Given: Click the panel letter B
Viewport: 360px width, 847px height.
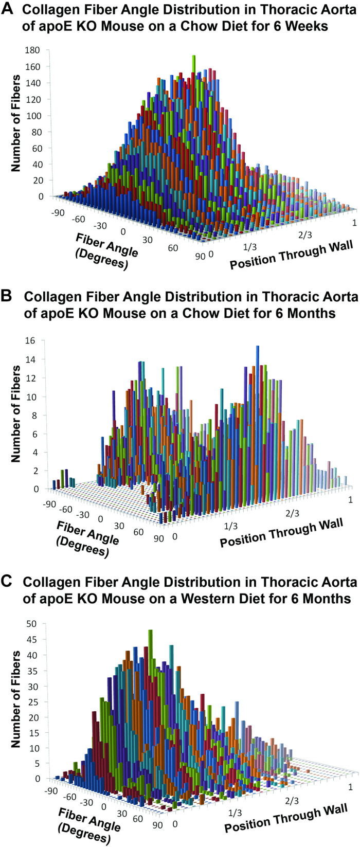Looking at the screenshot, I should [8, 297].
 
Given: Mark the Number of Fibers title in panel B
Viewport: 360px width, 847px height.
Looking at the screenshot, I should [16, 413].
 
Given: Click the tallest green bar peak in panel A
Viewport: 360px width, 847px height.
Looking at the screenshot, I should [194, 57].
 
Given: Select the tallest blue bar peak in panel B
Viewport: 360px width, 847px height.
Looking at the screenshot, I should [257, 348].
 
